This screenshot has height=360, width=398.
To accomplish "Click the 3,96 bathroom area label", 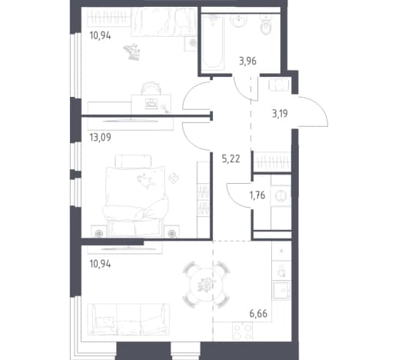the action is point(247,62).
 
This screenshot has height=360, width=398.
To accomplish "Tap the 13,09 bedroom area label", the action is point(101,138).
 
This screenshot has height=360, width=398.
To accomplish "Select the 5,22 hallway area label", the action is point(231,159).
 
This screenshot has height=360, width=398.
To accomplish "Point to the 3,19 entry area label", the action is point(280,113).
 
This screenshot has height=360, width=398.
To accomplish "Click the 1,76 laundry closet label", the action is point(257,195).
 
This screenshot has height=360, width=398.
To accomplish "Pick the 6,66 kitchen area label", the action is point(258,313).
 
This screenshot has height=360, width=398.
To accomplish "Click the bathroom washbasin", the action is point(239,21).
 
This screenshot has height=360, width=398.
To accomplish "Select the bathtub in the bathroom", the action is point(213,42).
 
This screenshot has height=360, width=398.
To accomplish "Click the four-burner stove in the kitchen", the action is point(242,332).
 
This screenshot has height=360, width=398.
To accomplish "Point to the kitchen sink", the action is point(281,290).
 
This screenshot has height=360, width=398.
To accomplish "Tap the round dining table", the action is point(206,285).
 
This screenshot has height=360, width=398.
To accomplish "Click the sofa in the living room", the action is point(128,319).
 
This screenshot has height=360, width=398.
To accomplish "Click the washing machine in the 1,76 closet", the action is point(280,196).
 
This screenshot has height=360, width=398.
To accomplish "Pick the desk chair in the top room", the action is point(151,88).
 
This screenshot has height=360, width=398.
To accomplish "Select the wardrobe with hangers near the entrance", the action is point(272,162).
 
